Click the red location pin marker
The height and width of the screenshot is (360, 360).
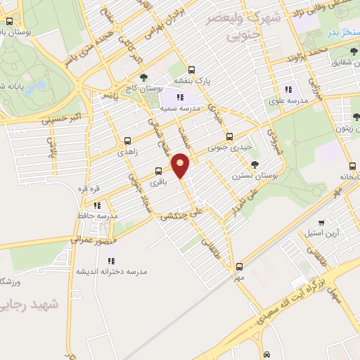[x=181, y=165]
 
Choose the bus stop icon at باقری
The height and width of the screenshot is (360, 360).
[x=157, y=171]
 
